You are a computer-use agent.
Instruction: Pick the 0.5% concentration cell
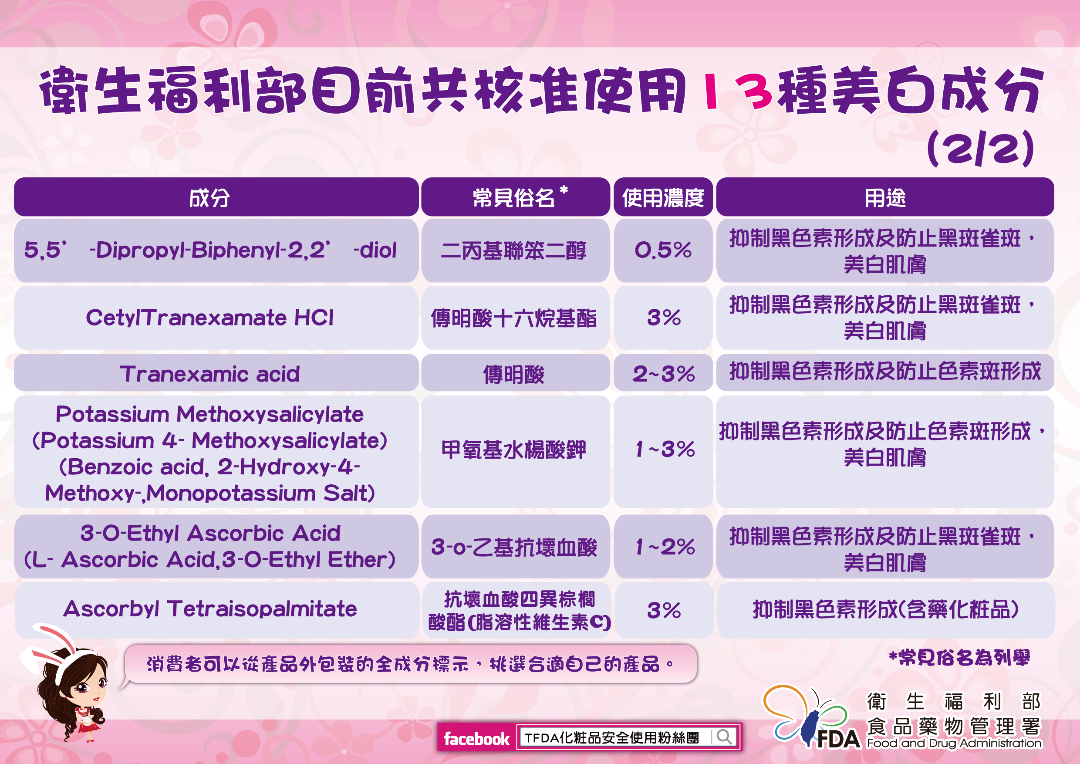(x=663, y=250)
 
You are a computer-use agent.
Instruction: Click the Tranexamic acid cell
(x=216, y=373)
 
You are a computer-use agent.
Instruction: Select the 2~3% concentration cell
(x=663, y=373)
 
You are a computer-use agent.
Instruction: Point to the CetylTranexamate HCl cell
(x=216, y=318)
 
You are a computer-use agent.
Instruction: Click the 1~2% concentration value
(x=665, y=547)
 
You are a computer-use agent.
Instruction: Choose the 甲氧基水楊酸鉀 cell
(x=516, y=451)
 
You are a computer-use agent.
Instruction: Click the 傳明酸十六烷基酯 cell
(x=516, y=318)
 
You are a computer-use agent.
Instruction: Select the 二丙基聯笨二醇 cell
(x=516, y=250)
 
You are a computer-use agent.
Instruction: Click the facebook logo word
(x=476, y=739)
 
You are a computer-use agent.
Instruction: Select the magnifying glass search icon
(x=725, y=736)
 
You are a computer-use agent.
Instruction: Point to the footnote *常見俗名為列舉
(x=959, y=658)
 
